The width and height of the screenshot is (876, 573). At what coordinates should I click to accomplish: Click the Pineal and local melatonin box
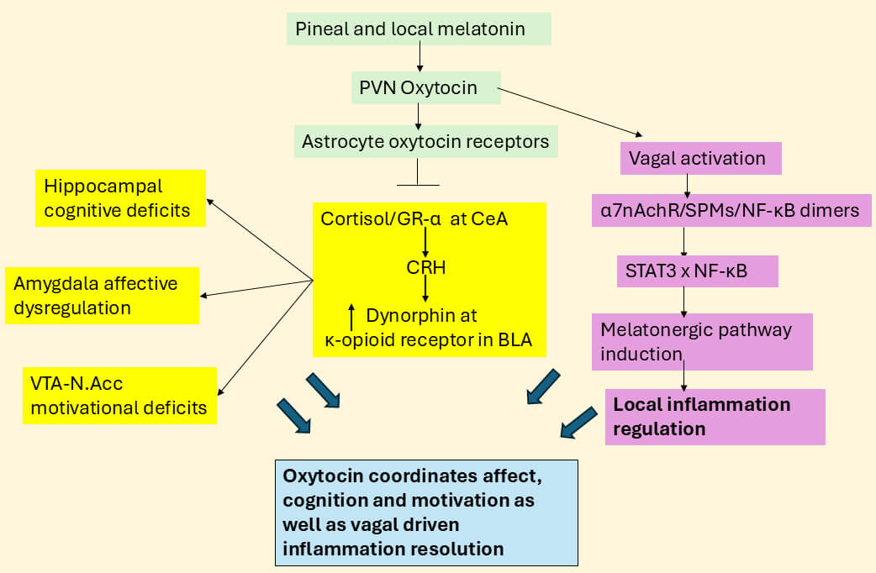pyautogui.click(x=420, y=29)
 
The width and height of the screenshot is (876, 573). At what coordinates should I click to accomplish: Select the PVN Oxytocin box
pyautogui.click(x=425, y=87)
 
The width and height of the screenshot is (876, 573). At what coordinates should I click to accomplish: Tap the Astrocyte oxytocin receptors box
pyautogui.click(x=425, y=141)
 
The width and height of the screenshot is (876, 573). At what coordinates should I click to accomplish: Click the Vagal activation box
pyautogui.click(x=700, y=158)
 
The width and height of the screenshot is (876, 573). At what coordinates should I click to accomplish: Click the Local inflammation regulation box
pyautogui.click(x=715, y=417)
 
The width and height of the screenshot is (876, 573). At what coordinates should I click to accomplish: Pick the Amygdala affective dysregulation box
pyautogui.click(x=102, y=295)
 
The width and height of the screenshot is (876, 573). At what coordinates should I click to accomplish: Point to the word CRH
pyautogui.click(x=425, y=269)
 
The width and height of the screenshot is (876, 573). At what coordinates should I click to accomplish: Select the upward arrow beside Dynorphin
pyautogui.click(x=351, y=316)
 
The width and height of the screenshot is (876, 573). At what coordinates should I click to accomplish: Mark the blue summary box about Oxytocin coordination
pyautogui.click(x=427, y=513)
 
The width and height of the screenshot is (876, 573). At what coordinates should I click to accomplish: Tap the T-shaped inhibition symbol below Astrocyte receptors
pyautogui.click(x=417, y=178)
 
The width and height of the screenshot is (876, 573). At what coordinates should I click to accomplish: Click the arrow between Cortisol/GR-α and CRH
pyautogui.click(x=426, y=243)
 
